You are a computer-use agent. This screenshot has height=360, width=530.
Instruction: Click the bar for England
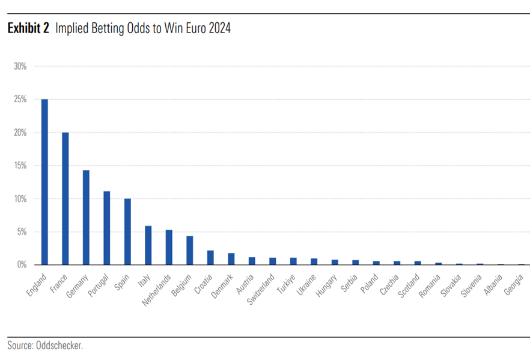44,182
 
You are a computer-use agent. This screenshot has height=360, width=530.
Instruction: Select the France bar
65,198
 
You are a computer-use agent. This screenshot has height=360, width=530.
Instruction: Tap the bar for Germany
86,218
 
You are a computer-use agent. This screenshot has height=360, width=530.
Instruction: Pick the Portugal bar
107,228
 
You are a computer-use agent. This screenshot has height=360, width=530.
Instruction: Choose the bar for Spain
127,231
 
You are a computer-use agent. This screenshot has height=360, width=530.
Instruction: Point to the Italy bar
148,245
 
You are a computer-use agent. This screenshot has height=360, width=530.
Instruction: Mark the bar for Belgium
190,250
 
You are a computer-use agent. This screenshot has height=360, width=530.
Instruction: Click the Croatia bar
210,258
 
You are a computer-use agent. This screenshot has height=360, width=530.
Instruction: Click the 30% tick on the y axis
20,66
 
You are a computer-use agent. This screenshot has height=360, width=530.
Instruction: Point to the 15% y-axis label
20,166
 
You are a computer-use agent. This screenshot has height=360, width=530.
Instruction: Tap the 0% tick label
22,264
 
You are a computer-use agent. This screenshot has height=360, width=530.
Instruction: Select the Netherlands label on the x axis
156,290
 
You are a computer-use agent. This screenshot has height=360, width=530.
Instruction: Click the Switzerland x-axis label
261,289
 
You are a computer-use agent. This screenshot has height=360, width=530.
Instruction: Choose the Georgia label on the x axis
514,285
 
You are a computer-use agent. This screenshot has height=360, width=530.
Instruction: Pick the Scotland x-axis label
409,285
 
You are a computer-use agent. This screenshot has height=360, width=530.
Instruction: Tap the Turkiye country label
286,284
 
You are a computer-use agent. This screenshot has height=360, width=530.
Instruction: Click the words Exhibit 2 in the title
28,28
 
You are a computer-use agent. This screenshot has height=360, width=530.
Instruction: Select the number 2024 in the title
220,28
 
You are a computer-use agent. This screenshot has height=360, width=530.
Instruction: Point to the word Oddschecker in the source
59,346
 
